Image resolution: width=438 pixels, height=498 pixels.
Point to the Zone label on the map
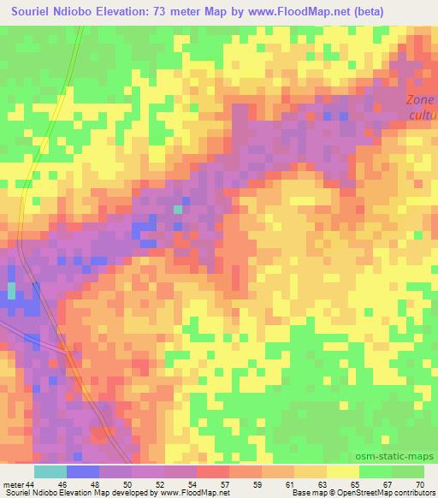click(419, 100)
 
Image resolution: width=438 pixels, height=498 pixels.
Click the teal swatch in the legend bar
click(50, 471)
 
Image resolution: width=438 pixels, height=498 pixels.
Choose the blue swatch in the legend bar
click(83, 471)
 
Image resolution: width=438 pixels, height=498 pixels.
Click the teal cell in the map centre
click(178, 209)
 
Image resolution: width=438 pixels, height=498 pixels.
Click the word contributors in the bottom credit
click(415, 493)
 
